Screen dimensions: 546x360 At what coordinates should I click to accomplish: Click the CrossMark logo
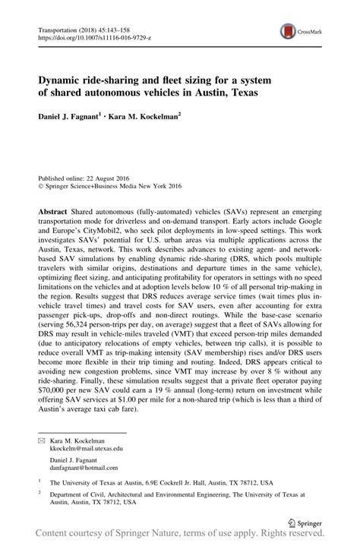click(298, 31)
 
